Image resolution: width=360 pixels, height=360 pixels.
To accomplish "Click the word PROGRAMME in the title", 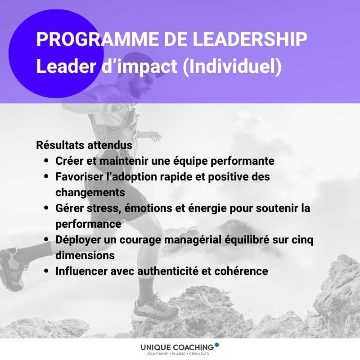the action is pos(98,39).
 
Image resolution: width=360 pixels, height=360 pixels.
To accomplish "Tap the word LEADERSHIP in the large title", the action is pos(250,39).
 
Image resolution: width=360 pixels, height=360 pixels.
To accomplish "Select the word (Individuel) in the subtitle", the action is pos(232,67).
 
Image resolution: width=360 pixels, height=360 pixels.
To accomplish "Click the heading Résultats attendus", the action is pos(84,145).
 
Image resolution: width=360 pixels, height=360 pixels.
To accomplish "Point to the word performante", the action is pos(243,162).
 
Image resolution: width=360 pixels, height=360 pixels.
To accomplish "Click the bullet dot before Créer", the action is pos(46,161).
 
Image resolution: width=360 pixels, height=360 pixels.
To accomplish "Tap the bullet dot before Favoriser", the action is pos(46,176).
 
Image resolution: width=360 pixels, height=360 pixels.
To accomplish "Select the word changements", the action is pos(90,193).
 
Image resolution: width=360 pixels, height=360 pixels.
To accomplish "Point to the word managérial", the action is pos(194,240).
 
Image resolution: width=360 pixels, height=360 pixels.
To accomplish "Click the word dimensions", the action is pos(85,256).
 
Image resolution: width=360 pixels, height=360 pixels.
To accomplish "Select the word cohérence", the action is pos(241,271).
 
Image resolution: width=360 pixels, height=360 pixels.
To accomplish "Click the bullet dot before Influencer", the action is pos(46,271).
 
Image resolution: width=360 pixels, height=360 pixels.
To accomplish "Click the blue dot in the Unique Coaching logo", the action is pos(216,345).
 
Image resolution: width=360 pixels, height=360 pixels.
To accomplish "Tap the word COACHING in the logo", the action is pos(193,347).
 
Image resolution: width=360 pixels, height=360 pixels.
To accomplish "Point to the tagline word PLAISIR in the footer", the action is pos(179,354).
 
